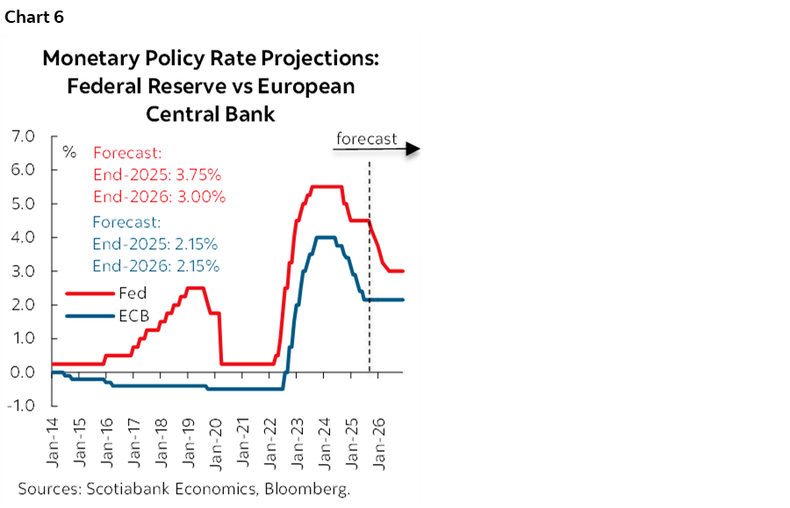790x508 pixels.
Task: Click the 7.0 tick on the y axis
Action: pos(22,137)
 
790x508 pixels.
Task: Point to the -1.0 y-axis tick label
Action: pos(20,406)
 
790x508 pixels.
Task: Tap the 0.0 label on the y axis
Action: pos(22,372)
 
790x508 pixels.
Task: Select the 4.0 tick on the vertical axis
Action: pos(22,238)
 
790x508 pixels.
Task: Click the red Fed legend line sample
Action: pos(88,294)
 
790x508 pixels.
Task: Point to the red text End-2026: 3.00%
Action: pos(158,196)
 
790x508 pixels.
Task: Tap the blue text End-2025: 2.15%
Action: pos(155,243)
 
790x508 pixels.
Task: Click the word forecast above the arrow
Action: pos(367,139)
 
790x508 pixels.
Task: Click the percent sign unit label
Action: pos(69,152)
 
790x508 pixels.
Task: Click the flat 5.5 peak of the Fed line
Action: pos(327,186)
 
